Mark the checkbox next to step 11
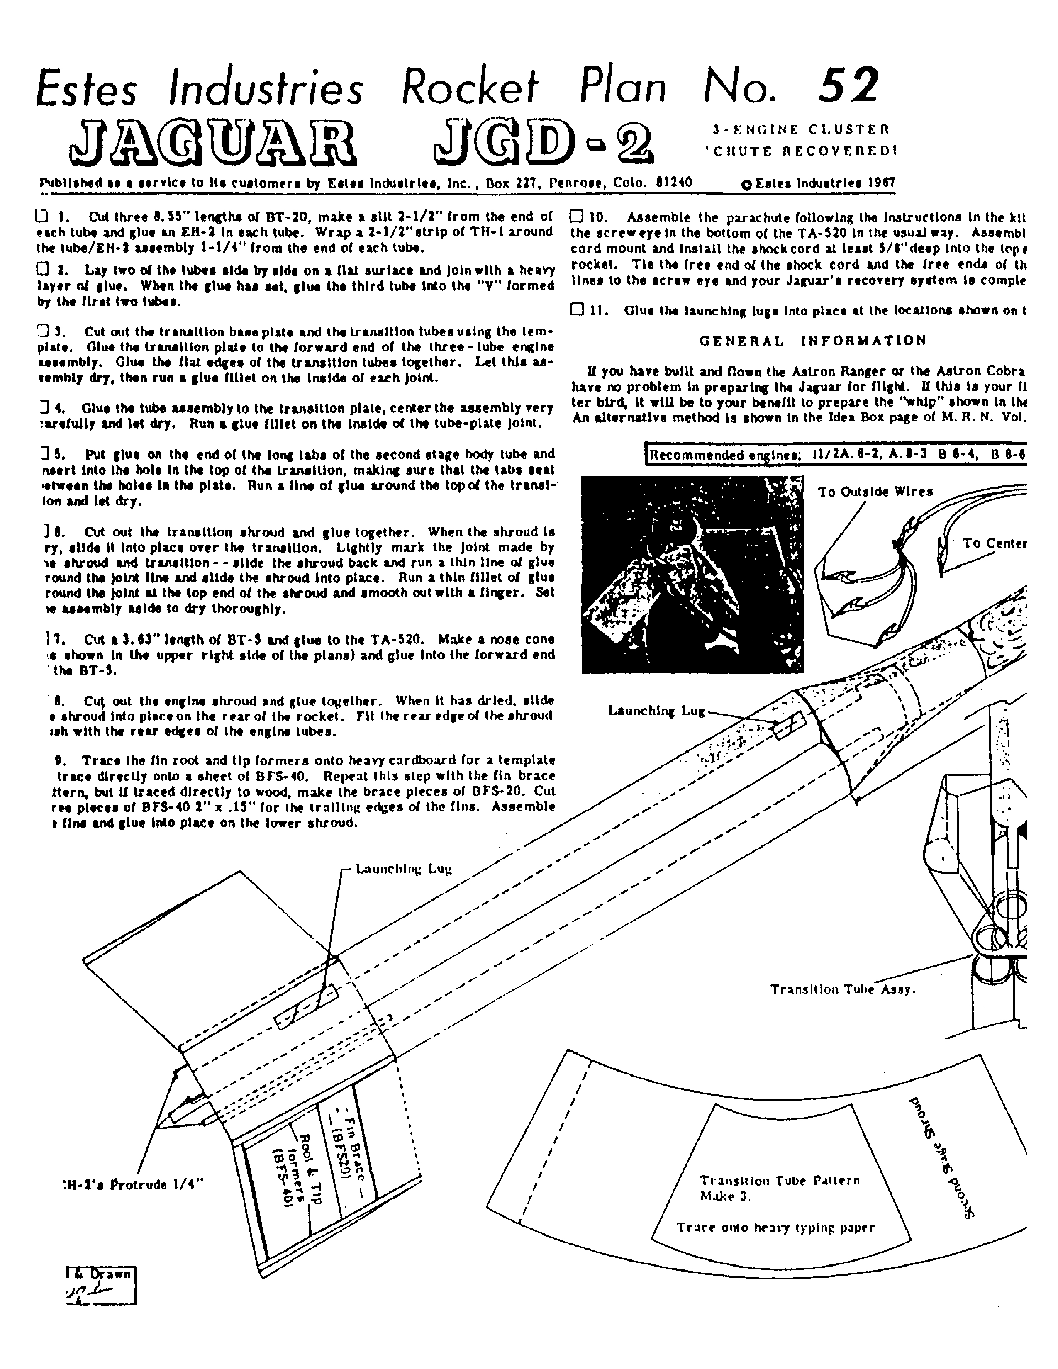click(x=577, y=309)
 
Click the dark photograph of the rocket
click(x=692, y=574)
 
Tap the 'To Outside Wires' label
click(x=875, y=492)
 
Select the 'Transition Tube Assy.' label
click(x=843, y=989)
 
